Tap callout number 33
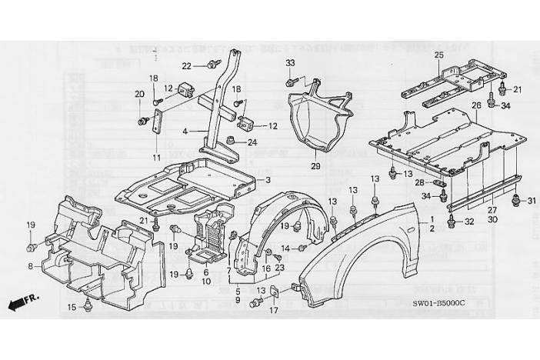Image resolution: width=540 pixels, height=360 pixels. (290, 62)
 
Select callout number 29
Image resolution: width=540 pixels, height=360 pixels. (315, 166)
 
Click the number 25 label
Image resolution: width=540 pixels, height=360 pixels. (439, 55)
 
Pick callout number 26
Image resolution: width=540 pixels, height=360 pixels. (476, 105)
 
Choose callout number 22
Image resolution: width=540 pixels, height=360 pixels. (186, 66)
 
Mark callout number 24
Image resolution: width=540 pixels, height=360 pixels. (252, 142)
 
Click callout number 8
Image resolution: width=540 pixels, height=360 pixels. (31, 266)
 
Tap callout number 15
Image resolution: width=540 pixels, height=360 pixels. (71, 308)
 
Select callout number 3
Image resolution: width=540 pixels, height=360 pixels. (268, 180)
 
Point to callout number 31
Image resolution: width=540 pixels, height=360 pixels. (531, 201)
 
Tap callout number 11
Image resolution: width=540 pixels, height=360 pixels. (157, 158)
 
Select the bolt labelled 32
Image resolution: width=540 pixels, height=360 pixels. (448, 222)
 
